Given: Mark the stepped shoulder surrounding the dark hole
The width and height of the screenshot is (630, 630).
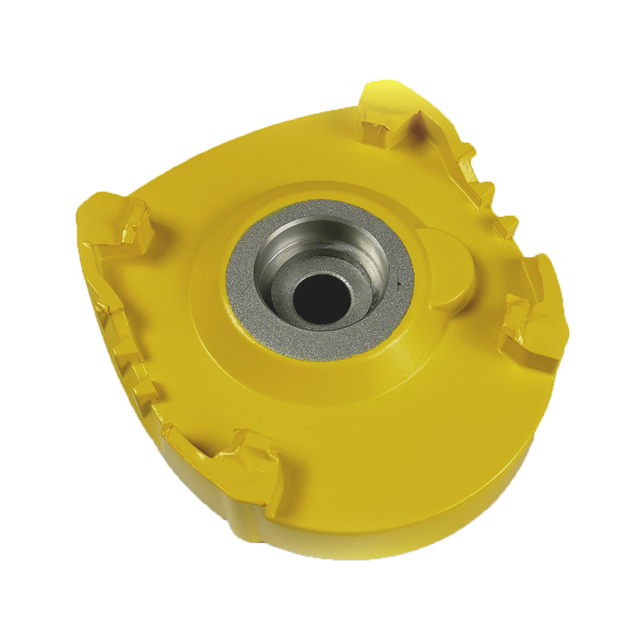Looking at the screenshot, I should pyautogui.click(x=287, y=287).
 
